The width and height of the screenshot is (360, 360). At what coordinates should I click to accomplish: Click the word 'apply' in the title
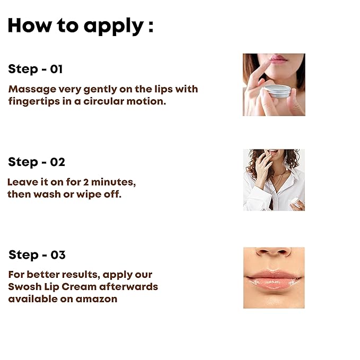pyautogui.click(x=114, y=27)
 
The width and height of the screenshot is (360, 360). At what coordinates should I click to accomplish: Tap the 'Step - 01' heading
pyautogui.click(x=36, y=69)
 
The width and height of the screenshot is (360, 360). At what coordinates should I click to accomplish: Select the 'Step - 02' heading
pyautogui.click(x=37, y=162)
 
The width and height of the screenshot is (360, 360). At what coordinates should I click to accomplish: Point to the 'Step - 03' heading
pyautogui.click(x=37, y=255)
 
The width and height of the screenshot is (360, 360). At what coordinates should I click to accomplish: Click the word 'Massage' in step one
pyautogui.click(x=32, y=89)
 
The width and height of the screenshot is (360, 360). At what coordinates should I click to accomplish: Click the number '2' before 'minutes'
pyautogui.click(x=86, y=182)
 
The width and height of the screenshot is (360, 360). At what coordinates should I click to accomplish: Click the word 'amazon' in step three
pyautogui.click(x=96, y=299)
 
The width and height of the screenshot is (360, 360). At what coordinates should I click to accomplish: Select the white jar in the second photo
pyautogui.click(x=297, y=203)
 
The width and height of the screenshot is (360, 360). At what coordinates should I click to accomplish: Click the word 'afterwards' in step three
pyautogui.click(x=128, y=287)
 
